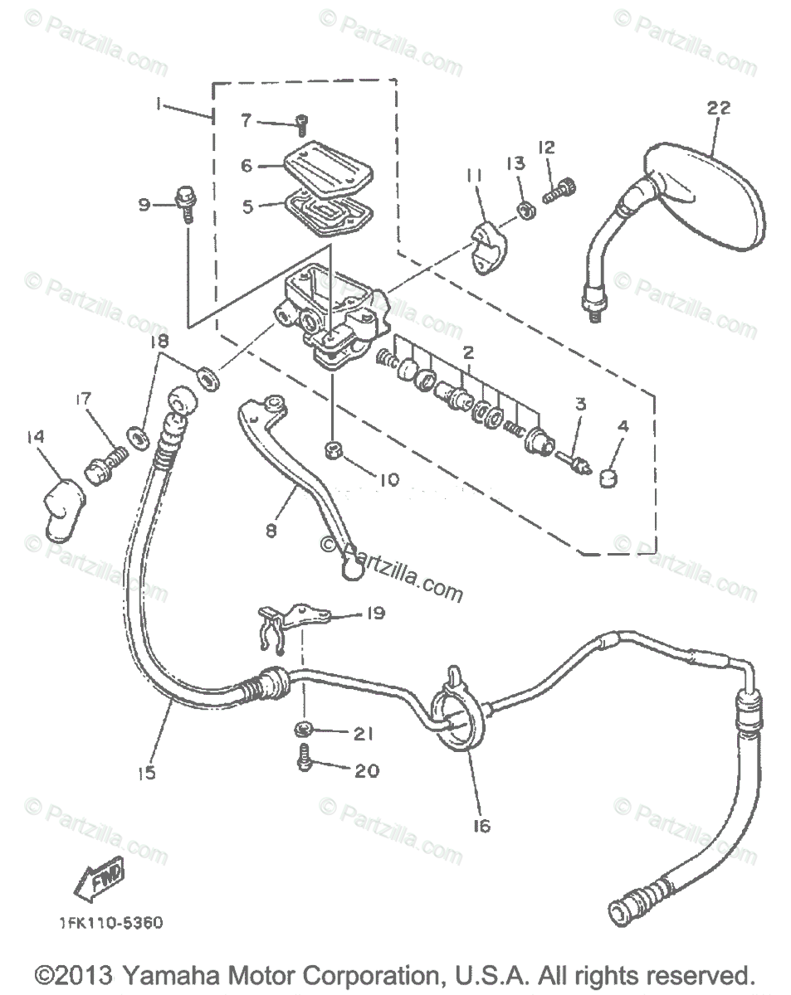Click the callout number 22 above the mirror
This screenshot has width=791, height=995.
click(x=719, y=107)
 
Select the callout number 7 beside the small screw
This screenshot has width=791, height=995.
click(x=246, y=120)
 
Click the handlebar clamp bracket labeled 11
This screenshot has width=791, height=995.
click(x=489, y=246)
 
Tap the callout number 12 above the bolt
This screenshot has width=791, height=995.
click(x=546, y=148)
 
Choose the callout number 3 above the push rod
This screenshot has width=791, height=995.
click(x=580, y=405)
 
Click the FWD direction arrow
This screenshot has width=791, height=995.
click(x=99, y=878)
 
